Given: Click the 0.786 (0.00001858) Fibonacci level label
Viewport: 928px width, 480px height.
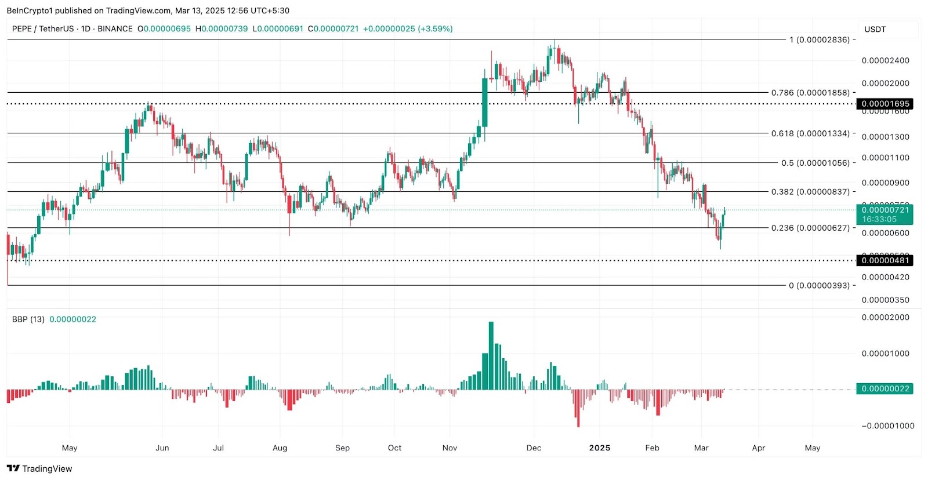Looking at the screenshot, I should coord(810,93).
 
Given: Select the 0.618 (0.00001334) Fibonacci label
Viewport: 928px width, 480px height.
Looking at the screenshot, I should coord(810,133).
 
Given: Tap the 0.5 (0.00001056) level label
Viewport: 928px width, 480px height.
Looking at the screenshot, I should coord(815,163).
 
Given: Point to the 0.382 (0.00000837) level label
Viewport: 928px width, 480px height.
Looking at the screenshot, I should coord(810,192).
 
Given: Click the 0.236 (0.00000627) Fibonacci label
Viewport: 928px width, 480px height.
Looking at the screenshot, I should coord(810,228).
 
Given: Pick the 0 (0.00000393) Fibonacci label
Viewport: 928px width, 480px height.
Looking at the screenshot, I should coord(819,285).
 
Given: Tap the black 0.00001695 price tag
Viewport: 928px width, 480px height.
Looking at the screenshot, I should coord(885,104).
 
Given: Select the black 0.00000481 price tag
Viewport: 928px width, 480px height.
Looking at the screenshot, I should coord(885,260).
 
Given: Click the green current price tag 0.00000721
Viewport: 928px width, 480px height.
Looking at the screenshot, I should coord(885,210).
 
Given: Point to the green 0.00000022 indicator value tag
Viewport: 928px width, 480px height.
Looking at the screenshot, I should coord(885,388).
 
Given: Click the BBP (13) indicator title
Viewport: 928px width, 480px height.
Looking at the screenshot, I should coord(28,319).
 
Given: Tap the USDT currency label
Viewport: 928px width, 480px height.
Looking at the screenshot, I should coord(875,30).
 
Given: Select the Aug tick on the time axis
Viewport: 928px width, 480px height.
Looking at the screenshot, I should coord(280,448).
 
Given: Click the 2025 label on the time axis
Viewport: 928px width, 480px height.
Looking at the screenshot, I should coord(600,448).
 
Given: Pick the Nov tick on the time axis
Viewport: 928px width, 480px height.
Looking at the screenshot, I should coord(449,448).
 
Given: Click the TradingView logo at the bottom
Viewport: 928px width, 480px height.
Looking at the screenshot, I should coord(39,468).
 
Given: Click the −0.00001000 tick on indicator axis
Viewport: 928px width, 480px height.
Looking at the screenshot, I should coord(887,426).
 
